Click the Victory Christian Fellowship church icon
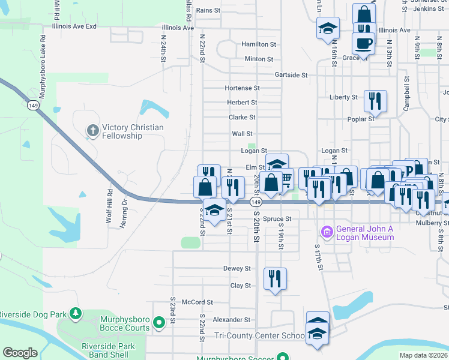point(92,130)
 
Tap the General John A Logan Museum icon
point(327,231)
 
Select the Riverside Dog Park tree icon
point(75,313)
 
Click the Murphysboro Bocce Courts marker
point(159,323)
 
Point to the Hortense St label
point(242,88)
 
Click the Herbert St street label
point(242,103)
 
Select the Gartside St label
point(291,75)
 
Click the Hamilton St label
point(259,44)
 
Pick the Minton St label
point(259,59)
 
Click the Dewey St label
point(237,268)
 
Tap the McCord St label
point(197,302)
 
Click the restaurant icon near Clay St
point(275,278)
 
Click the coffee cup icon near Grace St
point(364,43)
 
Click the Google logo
point(20,353)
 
